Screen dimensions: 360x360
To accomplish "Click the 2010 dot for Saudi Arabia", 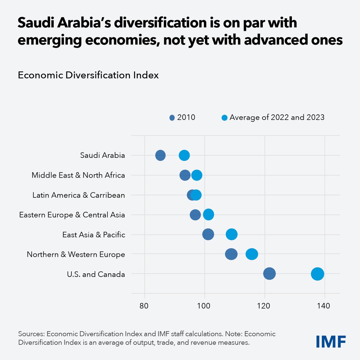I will (x=160, y=155).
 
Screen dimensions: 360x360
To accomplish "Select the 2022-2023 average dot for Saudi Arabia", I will (x=184, y=155).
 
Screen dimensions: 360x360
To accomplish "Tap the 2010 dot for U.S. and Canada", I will (x=269, y=274).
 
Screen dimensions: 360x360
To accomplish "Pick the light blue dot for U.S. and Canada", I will (x=317, y=274).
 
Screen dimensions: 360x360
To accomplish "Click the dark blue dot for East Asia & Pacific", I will (x=208, y=234).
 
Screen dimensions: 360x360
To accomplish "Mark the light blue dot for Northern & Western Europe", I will (x=252, y=254).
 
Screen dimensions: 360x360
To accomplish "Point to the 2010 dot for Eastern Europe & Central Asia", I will (x=195, y=215).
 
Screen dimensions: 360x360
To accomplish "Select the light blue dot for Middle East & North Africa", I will (x=196, y=175).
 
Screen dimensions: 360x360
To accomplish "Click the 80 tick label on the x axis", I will (x=144, y=306).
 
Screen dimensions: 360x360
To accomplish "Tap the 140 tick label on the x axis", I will (x=324, y=306).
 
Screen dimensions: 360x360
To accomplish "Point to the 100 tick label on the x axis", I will (x=204, y=306).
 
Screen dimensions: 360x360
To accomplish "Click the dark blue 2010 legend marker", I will (x=172, y=118).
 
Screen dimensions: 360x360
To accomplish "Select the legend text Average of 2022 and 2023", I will (x=277, y=117).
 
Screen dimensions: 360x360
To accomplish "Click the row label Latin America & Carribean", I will (x=79, y=195).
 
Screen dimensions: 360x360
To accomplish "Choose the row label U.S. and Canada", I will (x=96, y=274).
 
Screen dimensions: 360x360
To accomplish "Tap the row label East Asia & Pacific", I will (x=94, y=235).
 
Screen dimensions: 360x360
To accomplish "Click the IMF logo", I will (x=331, y=341).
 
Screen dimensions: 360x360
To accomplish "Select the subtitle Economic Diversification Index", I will (x=88, y=75).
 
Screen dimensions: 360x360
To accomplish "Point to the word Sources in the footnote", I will (x=31, y=334).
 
